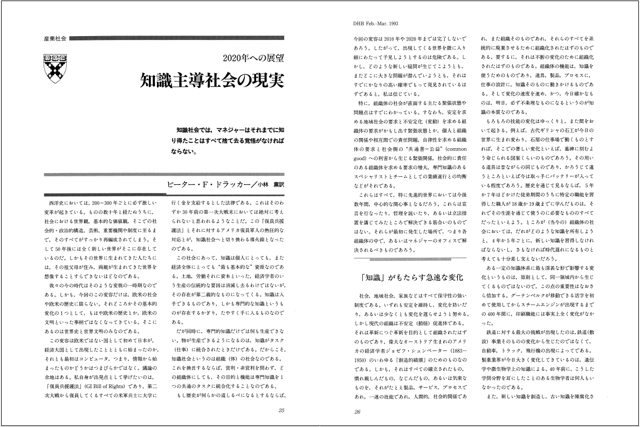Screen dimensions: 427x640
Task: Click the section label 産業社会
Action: pyautogui.click(x=54, y=39)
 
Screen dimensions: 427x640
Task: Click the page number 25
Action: pyautogui.click(x=281, y=410)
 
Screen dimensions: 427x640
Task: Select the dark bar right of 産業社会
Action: pyautogui.click(x=178, y=39)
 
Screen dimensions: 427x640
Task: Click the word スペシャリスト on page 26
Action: pyautogui.click(x=371, y=176)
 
